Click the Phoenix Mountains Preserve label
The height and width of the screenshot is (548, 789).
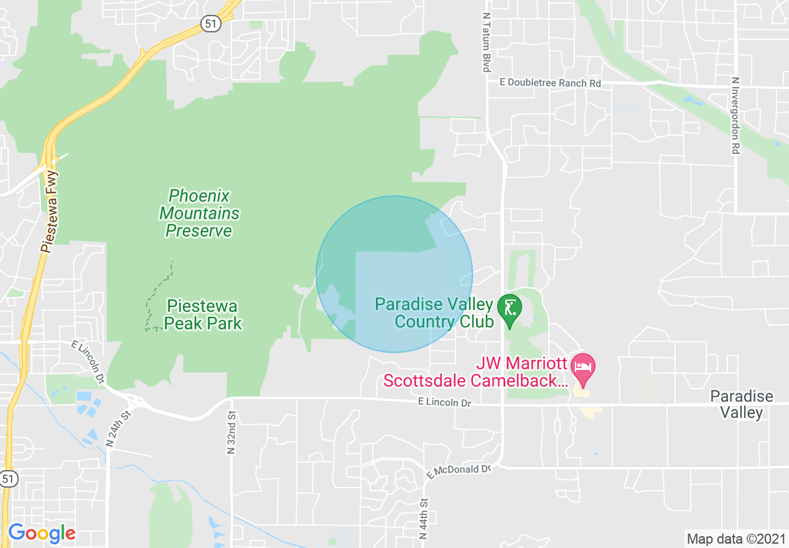[199, 214]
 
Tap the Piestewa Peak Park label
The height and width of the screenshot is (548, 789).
[203, 314]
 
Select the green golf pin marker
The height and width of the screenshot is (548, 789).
[510, 309]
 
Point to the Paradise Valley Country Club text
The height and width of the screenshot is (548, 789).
[434, 313]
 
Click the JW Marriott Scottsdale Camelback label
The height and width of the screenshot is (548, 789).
[476, 372]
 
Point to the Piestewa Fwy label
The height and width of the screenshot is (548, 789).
[49, 212]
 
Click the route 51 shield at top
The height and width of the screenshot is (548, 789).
[209, 24]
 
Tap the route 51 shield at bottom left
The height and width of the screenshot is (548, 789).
[8, 479]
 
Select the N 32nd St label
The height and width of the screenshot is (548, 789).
[231, 432]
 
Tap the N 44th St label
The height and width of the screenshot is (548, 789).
[424, 518]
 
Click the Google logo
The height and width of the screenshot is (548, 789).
[42, 533]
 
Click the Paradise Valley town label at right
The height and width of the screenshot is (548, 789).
[742, 404]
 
